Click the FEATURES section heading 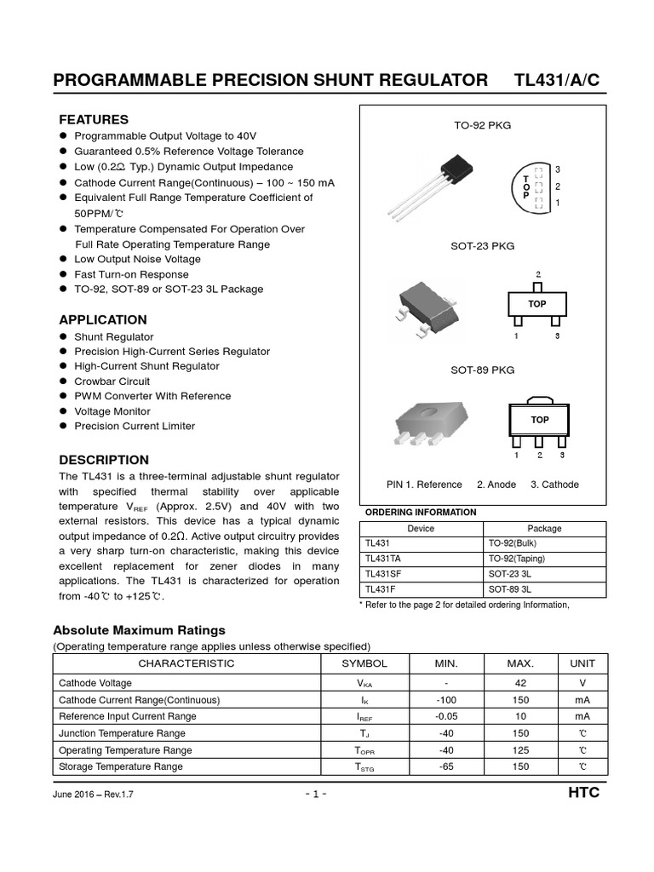[93, 119]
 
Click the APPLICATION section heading [102, 320]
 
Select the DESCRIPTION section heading [103, 460]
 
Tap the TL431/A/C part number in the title [557, 81]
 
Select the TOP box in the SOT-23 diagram [537, 304]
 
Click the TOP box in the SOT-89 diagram [539, 420]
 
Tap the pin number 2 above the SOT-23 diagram [537, 274]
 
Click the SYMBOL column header [364, 663]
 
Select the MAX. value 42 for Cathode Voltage [521, 683]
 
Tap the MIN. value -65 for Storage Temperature [446, 766]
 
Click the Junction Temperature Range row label [121, 733]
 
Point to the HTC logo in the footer [583, 793]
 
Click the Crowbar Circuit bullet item [112, 381]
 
